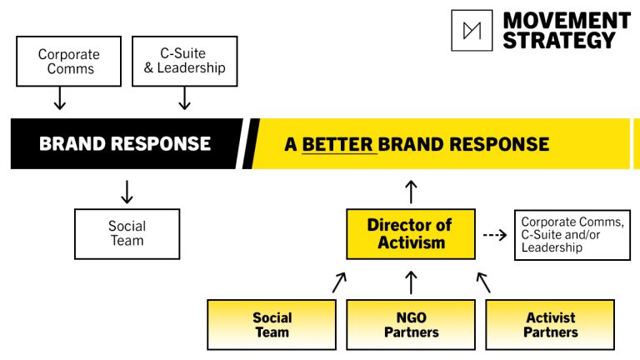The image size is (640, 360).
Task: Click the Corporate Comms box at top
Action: (x=68, y=61)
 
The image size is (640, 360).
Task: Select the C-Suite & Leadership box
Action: (x=184, y=61)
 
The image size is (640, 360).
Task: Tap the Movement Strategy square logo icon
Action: (x=472, y=31)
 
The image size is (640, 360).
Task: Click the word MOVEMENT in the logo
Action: (x=567, y=20)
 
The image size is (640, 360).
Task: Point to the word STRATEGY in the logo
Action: (x=559, y=40)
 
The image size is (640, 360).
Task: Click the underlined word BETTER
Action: (x=337, y=144)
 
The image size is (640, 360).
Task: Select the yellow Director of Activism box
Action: (x=411, y=234)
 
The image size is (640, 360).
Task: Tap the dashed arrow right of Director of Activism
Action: (x=495, y=235)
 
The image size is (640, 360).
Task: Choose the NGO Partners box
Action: (x=411, y=325)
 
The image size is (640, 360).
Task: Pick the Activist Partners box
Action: (x=550, y=325)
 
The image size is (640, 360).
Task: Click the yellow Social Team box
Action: (x=272, y=325)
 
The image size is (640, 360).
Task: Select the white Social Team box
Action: (x=127, y=234)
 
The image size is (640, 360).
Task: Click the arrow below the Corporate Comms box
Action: (x=60, y=98)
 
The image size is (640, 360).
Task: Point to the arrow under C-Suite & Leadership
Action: (x=184, y=98)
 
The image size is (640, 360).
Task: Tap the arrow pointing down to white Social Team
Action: (x=127, y=192)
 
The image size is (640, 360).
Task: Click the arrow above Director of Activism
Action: (x=411, y=192)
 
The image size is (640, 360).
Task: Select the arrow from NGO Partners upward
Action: (x=411, y=282)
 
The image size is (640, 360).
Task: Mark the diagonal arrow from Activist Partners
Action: (x=483, y=282)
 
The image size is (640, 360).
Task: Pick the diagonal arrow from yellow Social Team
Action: (x=339, y=282)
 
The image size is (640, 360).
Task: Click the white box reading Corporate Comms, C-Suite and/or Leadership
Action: (x=572, y=235)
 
